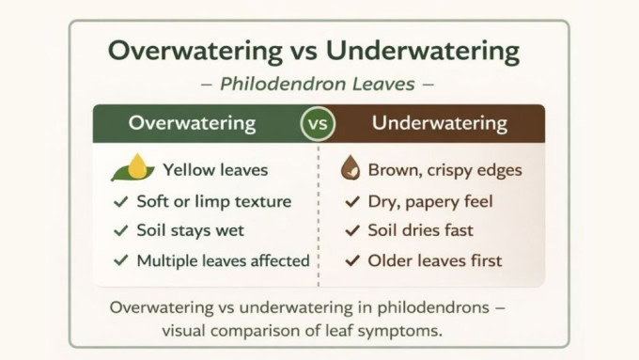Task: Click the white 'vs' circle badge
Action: coord(318,124)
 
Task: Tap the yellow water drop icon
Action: coord(139,167)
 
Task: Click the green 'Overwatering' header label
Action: coord(192,123)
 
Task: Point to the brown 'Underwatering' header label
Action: coord(439,123)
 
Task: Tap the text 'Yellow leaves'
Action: coord(215,170)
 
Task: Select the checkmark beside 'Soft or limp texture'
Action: coord(120,201)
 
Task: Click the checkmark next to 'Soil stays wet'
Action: coord(120,230)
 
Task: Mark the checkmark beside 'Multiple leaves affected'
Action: coord(120,260)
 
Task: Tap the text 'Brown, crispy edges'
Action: coord(444,170)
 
